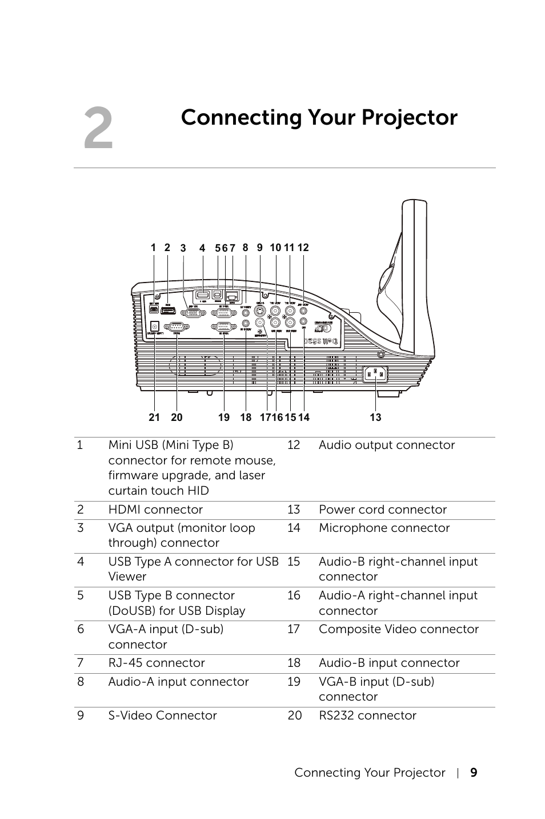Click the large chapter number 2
click(98, 129)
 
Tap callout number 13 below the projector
click(375, 418)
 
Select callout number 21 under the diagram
click(154, 418)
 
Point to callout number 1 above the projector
click(153, 248)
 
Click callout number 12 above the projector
click(303, 248)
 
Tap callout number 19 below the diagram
click(224, 418)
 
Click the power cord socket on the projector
click(375, 375)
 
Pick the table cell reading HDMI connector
click(155, 510)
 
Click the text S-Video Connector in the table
click(162, 715)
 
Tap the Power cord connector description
click(383, 510)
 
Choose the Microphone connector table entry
click(384, 528)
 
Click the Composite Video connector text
click(399, 629)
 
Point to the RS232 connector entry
click(367, 715)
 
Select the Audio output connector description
click(387, 445)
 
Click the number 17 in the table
click(294, 629)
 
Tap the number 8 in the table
click(81, 682)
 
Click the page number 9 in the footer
click(474, 773)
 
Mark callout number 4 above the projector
click(202, 248)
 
